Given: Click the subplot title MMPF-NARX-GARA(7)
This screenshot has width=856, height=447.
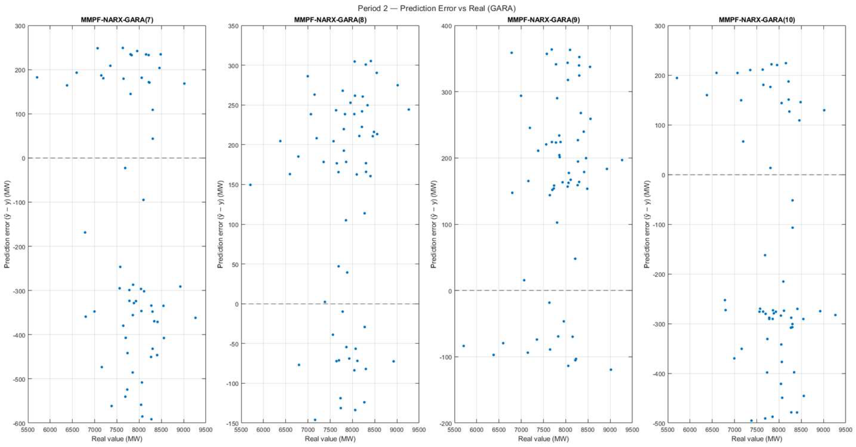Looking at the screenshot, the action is pos(117,20).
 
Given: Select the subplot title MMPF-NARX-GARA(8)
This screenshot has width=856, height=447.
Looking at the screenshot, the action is pos(330,20).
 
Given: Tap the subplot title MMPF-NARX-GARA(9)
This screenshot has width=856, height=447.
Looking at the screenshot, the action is pos(544,20).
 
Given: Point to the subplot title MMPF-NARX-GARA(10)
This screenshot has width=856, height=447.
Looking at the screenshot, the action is pos(757,20).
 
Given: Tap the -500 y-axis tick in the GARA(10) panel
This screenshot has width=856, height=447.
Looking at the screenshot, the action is pos(659,423).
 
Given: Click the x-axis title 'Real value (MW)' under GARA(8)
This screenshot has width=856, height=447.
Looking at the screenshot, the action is pos(330,439).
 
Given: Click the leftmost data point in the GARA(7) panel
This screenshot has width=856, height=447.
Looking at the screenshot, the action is pos(37,77).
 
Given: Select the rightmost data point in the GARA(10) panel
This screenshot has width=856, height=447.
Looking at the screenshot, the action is pos(835,315).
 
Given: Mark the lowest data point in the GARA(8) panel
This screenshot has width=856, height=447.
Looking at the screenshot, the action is pos(315,420).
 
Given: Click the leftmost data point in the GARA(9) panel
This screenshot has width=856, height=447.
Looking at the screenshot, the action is pos(464,346).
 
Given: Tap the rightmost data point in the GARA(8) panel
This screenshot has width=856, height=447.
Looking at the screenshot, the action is pos(409,109).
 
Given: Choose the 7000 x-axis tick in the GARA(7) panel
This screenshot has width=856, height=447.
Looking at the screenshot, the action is pos(94,429).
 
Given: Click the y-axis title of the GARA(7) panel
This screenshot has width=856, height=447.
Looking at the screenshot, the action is pos(7,224).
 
